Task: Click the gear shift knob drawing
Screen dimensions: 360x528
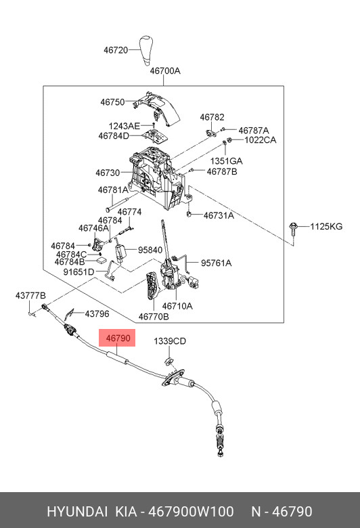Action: click(x=146, y=50)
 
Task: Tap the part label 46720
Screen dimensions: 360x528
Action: click(x=116, y=50)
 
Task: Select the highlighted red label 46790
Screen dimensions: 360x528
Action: click(x=117, y=338)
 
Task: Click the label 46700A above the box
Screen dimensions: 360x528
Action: click(x=165, y=71)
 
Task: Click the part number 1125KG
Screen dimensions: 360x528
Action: click(x=326, y=226)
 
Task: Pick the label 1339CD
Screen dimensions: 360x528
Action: click(x=170, y=341)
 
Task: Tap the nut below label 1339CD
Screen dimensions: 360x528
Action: click(x=168, y=361)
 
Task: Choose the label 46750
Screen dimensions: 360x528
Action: click(x=112, y=102)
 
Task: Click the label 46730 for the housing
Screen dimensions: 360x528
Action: click(x=108, y=173)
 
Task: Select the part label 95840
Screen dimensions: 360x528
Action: click(x=150, y=250)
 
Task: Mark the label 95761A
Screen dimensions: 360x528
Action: click(x=216, y=263)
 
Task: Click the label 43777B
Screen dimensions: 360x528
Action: click(x=30, y=296)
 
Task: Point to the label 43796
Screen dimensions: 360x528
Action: click(x=97, y=314)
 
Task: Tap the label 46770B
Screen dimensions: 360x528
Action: click(x=154, y=317)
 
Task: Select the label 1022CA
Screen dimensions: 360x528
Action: click(x=260, y=139)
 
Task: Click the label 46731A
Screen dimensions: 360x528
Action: click(x=219, y=215)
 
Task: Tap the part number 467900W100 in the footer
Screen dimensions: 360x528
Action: click(x=191, y=512)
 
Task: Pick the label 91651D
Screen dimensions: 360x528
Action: click(x=78, y=271)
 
